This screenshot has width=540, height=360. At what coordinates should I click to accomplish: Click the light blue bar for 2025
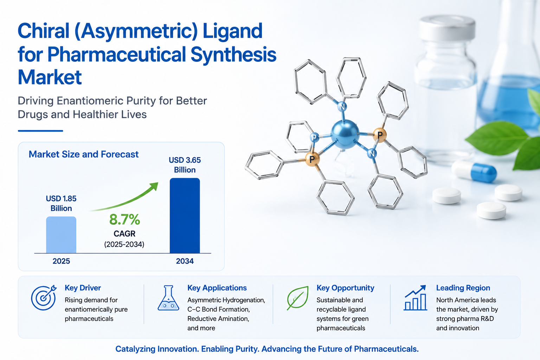pyautogui.click(x=61, y=235)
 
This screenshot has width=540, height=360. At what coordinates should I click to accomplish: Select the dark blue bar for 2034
pyautogui.click(x=185, y=216)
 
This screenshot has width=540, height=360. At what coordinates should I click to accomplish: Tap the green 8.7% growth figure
pyautogui.click(x=124, y=219)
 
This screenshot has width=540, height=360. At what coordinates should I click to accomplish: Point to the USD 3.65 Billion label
pyautogui.click(x=185, y=165)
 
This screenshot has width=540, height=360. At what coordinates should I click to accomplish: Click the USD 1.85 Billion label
pyautogui.click(x=61, y=203)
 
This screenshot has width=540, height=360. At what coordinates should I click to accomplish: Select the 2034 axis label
pyautogui.click(x=185, y=261)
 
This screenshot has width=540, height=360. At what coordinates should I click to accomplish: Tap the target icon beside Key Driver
pyautogui.click(x=44, y=297)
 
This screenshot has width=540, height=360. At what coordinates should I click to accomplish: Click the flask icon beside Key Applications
pyautogui.click(x=168, y=298)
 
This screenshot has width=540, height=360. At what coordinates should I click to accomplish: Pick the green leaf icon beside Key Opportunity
pyautogui.click(x=298, y=298)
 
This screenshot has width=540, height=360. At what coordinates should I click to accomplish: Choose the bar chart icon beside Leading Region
pyautogui.click(x=415, y=298)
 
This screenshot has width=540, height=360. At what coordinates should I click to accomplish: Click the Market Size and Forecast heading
pyautogui.click(x=84, y=154)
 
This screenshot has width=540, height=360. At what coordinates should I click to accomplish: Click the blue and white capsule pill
pyautogui.click(x=474, y=171)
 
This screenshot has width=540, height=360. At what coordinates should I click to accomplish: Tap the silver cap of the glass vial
pyautogui.click(x=448, y=28)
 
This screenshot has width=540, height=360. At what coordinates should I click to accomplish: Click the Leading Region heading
pyautogui.click(x=463, y=288)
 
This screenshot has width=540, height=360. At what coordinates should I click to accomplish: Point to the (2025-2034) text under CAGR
pyautogui.click(x=124, y=244)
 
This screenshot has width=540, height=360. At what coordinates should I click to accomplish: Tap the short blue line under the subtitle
pyautogui.click(x=40, y=131)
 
